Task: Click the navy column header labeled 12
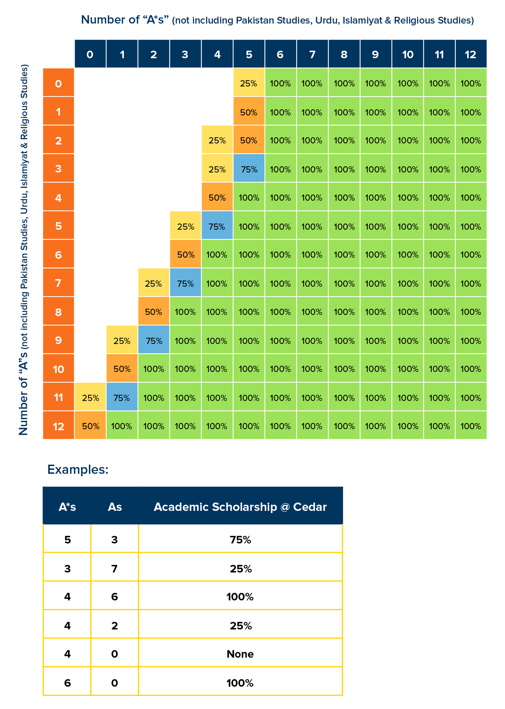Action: (471, 54)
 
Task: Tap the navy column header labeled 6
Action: (281, 54)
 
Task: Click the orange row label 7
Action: (58, 282)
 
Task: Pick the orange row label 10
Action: (58, 368)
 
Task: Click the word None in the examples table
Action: (240, 654)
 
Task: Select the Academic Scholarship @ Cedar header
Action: (240, 507)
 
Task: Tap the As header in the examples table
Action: (115, 507)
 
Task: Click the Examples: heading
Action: (78, 469)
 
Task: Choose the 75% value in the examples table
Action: (241, 540)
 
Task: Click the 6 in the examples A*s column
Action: (67, 683)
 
